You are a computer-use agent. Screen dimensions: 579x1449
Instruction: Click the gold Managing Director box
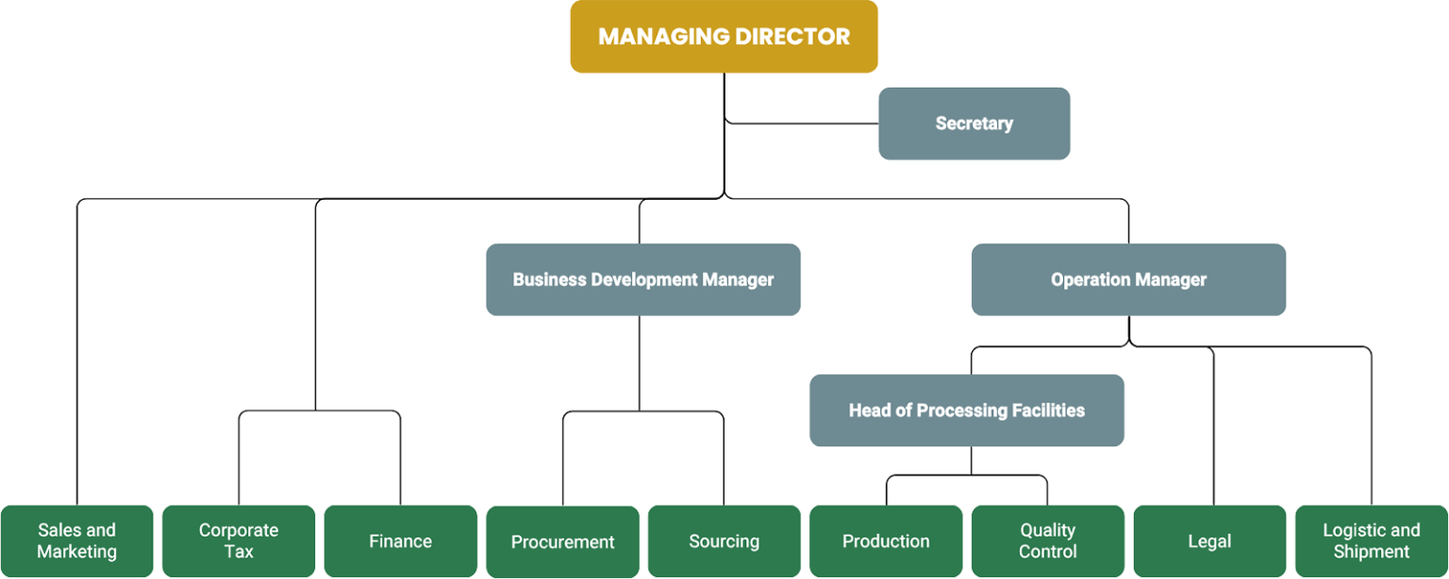pos(724,37)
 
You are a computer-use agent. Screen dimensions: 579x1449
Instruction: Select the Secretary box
pos(974,124)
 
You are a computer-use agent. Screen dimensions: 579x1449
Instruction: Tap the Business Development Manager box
pos(642,280)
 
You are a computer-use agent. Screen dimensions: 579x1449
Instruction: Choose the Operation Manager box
pos(1128,280)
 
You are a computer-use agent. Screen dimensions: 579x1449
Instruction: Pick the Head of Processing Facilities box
pos(967,410)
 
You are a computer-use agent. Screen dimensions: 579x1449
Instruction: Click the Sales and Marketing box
pos(76,541)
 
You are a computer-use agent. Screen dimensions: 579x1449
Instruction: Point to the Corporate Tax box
pos(239,541)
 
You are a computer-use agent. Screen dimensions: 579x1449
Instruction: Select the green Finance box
pos(400,541)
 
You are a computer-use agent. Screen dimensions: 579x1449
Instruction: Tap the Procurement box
pos(562,541)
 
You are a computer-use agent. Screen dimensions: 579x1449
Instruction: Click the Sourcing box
pos(724,541)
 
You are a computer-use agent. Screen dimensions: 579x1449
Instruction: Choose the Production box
pos(886,541)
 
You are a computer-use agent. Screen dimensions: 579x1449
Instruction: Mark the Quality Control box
pos(1047,541)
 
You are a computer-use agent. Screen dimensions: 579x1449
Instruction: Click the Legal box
pos(1209,541)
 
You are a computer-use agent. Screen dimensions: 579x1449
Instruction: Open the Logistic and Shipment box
pos(1371,541)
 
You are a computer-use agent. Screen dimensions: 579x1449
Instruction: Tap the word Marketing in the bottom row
pos(76,552)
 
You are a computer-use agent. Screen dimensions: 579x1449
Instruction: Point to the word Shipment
pos(1371,552)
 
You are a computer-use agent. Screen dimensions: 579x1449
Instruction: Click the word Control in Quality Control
pos(1047,552)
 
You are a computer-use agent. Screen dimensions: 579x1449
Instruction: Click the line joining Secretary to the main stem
pos(802,123)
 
